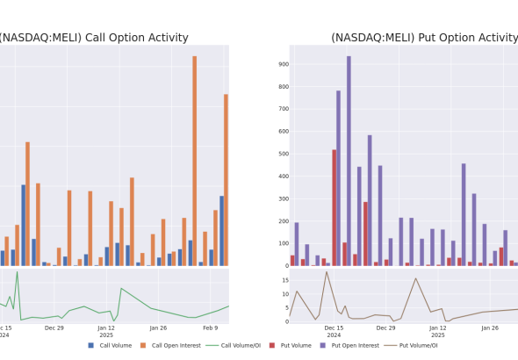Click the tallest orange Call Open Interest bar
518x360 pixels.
(x=195, y=161)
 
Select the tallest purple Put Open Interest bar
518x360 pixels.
(x=349, y=161)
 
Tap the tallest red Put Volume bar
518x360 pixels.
(x=335, y=208)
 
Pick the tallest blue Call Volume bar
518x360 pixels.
(x=24, y=226)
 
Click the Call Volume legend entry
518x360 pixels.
(x=110, y=345)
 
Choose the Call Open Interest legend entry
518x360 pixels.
(x=170, y=345)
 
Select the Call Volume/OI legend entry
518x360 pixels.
(x=234, y=345)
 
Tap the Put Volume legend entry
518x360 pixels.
(x=291, y=345)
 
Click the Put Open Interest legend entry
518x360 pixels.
(x=349, y=345)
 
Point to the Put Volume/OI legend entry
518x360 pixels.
(x=411, y=345)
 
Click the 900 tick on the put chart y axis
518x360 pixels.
(x=284, y=64)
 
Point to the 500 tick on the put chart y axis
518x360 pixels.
(x=284, y=154)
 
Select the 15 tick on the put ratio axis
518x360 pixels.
(x=285, y=280)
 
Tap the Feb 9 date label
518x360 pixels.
(x=211, y=328)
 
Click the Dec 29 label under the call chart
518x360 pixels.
(x=54, y=328)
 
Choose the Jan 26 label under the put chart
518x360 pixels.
(x=490, y=328)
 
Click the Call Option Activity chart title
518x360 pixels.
(x=94, y=38)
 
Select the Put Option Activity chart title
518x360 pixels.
(x=425, y=38)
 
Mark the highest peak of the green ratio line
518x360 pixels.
(x=18, y=272)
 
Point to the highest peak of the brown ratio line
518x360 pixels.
(x=327, y=272)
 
